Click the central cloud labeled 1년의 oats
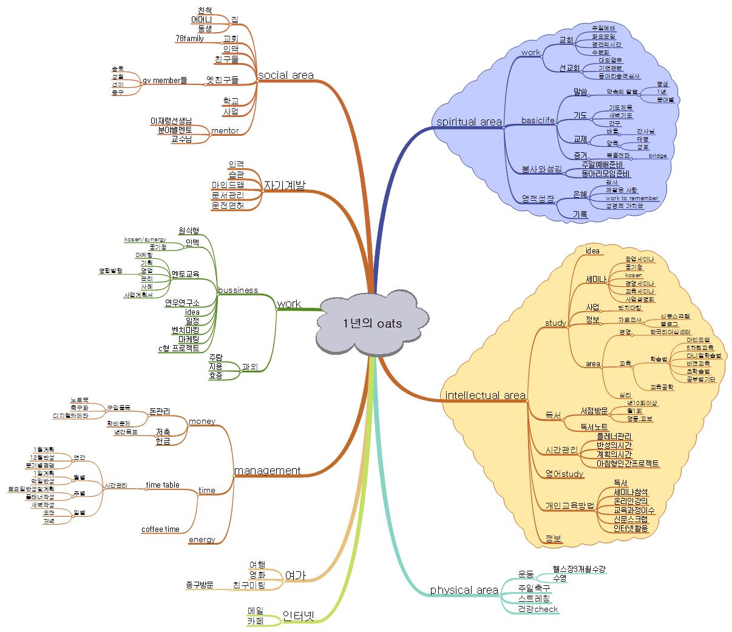(371, 323)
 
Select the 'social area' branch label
(286, 75)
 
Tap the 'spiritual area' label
(469, 122)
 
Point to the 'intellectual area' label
(485, 395)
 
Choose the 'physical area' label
(464, 590)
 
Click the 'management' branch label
(267, 471)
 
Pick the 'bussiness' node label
(237, 290)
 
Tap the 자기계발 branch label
(284, 186)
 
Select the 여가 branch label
(295, 576)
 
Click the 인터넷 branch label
(298, 617)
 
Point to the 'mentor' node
(225, 130)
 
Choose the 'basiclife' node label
(538, 120)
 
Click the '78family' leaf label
(189, 39)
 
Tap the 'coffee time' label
(160, 529)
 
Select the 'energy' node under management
(202, 540)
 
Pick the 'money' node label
(202, 421)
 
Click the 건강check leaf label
(537, 609)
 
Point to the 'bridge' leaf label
(657, 156)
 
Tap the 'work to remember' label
(631, 198)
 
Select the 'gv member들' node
(164, 81)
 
